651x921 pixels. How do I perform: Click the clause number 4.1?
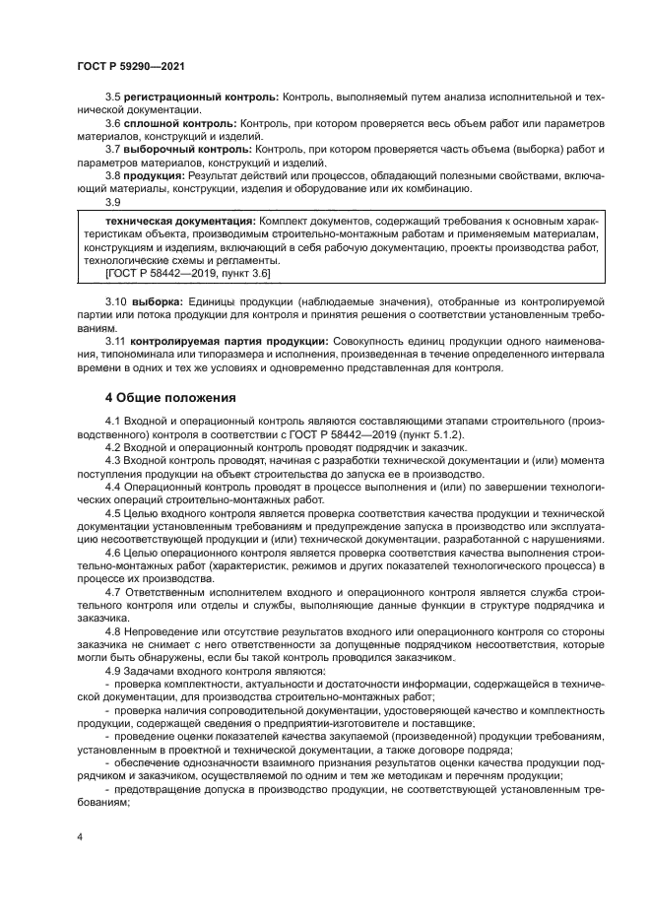112,421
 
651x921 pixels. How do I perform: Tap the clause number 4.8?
112,628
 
